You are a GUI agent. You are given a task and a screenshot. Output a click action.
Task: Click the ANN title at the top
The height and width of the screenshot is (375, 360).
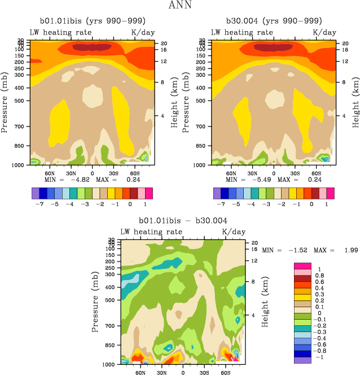point(179,6)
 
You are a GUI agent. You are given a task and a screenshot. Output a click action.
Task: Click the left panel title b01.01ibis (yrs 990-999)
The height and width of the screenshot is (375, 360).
point(91,20)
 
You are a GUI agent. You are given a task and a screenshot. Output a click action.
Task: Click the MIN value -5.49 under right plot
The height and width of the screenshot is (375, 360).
point(253,180)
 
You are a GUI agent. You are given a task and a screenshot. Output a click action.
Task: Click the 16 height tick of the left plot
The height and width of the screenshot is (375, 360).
point(164,50)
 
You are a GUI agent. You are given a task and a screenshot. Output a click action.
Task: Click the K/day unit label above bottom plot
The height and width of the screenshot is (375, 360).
point(234,232)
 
